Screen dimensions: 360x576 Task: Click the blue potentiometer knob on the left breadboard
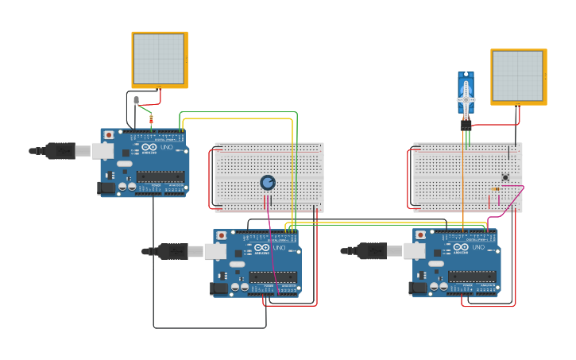point(268,183)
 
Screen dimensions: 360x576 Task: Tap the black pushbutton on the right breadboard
point(505,177)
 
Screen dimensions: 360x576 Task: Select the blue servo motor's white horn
point(466,99)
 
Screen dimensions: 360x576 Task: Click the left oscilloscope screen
point(159,59)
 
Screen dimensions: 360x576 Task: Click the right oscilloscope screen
point(518,75)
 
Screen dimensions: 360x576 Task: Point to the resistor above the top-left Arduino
point(151,119)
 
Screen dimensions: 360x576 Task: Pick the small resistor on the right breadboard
point(496,189)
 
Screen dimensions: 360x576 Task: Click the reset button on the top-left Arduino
point(108,135)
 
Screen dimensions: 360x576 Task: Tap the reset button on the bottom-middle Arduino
point(221,236)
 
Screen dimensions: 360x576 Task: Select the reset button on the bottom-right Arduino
point(420,235)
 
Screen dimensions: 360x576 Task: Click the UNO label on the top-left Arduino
point(167,148)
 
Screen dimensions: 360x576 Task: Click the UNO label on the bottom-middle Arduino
point(279,248)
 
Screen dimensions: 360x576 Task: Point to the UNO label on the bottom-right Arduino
point(478,248)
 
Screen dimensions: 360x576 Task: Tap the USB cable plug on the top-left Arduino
point(60,150)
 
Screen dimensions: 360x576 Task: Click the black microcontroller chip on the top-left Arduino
point(160,176)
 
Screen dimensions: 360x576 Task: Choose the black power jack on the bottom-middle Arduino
point(218,288)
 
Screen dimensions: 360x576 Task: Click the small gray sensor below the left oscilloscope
point(137,100)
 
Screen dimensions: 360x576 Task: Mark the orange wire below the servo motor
point(463,183)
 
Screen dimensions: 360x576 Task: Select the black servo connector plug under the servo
point(466,124)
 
